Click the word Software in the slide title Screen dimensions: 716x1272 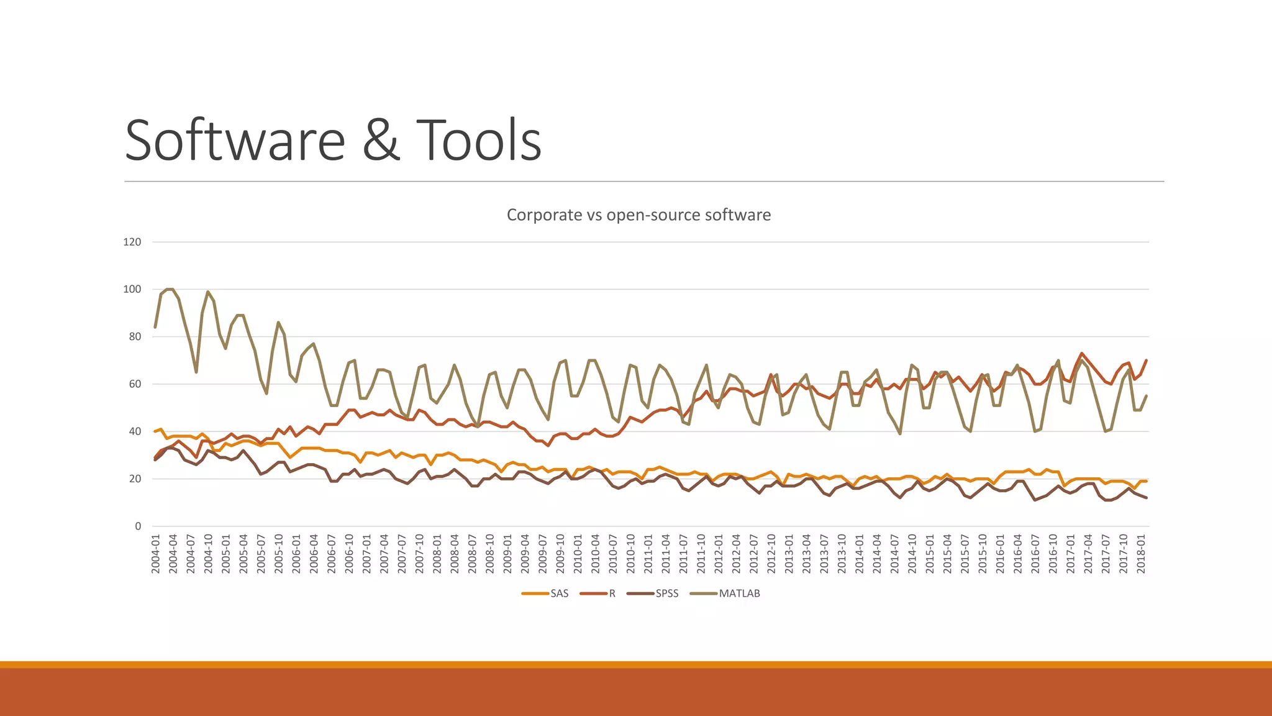pos(235,140)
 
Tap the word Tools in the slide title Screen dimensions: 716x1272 pos(479,140)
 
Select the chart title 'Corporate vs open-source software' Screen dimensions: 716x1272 pos(638,215)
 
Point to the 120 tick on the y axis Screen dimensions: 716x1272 pos(132,242)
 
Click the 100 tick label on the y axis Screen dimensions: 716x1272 pos(132,289)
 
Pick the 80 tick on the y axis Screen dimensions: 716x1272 pos(135,336)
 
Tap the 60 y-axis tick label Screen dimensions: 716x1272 pos(135,384)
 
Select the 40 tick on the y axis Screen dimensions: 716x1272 pos(135,431)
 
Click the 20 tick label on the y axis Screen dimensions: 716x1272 pos(135,479)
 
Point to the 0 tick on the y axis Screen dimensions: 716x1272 pos(138,526)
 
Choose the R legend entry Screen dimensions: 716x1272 pos(612,594)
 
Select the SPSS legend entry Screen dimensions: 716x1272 pos(666,594)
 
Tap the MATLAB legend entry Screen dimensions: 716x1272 pos(739,594)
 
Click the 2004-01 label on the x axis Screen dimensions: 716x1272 pos(156,554)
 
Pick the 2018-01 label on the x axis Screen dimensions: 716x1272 pos(1142,554)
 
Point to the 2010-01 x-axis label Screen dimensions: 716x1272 pos(578,554)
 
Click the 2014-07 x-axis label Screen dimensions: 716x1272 pos(895,554)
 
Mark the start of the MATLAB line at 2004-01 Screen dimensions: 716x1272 pos(155,327)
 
